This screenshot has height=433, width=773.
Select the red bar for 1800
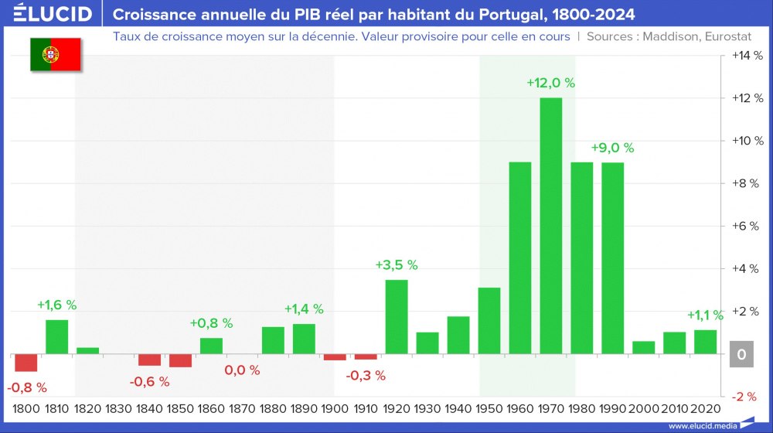26,363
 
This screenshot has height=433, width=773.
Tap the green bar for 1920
397,317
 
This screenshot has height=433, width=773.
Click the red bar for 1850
180,361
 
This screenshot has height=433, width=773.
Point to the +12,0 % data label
551,83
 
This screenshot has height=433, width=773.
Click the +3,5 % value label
397,264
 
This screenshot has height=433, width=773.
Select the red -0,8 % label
27,387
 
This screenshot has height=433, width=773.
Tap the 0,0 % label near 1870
242,370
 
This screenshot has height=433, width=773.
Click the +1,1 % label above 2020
705,315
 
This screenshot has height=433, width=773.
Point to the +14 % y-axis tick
745,56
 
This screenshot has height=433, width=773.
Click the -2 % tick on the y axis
745,397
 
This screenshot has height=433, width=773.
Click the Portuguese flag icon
56,53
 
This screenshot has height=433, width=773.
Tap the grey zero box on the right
741,355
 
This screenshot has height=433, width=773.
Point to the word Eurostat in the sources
734,36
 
